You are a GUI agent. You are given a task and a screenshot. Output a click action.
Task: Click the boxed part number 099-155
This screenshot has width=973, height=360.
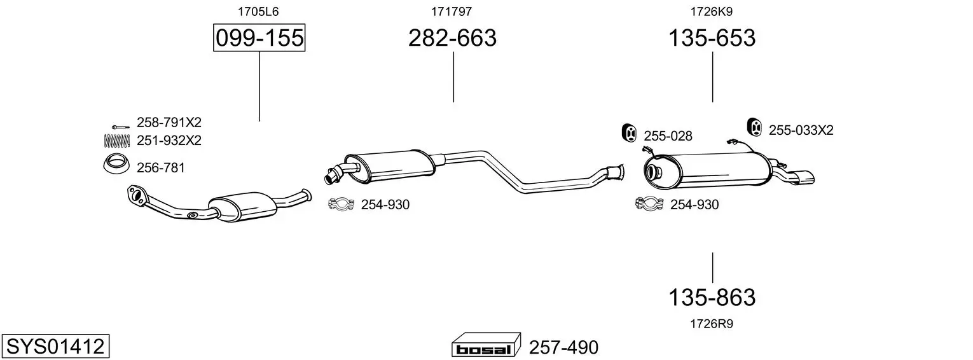coord(259,38)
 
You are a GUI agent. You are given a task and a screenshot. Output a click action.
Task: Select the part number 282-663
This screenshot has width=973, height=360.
coord(452,38)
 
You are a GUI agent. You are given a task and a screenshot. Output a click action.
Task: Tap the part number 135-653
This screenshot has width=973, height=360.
coord(712,38)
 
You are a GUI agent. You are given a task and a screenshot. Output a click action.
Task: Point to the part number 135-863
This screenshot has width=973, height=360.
coord(712,298)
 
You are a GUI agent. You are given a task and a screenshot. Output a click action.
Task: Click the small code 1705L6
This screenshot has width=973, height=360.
coord(258,11)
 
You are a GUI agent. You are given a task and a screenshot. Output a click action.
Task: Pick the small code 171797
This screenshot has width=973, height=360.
coord(452,11)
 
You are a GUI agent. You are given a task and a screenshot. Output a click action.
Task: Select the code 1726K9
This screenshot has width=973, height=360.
coord(712,11)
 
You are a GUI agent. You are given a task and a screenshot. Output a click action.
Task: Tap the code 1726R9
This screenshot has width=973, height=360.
coord(712,324)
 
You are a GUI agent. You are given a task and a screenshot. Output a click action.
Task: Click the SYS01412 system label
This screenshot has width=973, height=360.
coord(55,347)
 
